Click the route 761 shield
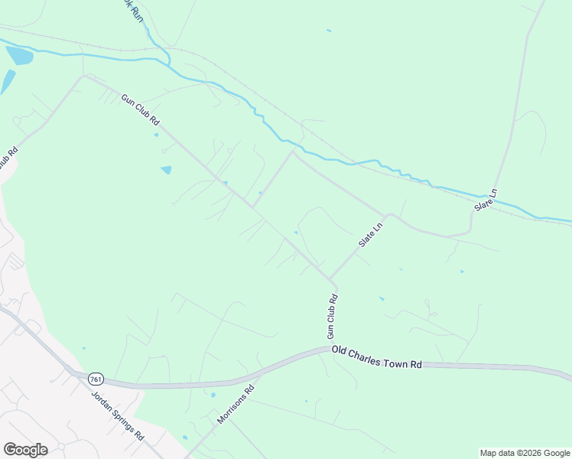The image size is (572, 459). click(95, 379)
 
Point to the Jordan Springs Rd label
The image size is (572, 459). click(118, 415)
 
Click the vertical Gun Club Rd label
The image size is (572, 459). click(332, 317)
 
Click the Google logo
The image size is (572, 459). click(25, 450)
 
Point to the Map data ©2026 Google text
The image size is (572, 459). click(525, 453)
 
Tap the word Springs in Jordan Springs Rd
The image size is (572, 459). click(119, 416)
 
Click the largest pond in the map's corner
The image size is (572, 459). click(19, 55)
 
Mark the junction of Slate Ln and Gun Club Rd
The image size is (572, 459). click(330, 279)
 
